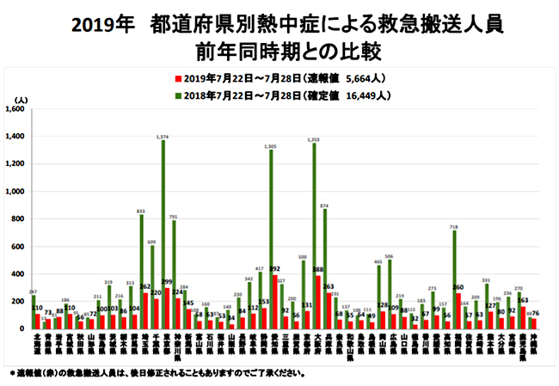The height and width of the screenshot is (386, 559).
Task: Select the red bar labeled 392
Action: pos(275,302)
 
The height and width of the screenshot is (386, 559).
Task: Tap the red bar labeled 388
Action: pos(318,302)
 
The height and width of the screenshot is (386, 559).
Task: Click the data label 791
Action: pos(174,218)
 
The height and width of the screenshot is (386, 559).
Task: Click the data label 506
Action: pos(389,256)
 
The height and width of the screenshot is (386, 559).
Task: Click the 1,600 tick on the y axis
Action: pos(15,110)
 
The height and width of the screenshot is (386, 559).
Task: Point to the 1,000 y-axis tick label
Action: pos(15,192)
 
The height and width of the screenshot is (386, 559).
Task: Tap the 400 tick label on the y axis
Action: pos(19,274)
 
